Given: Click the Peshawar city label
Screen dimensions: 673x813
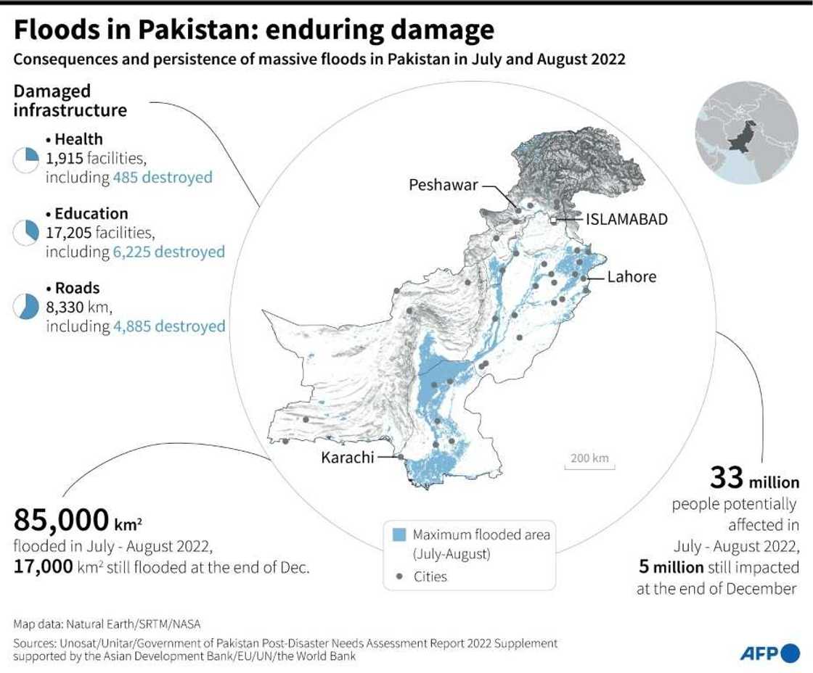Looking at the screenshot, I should [443, 185].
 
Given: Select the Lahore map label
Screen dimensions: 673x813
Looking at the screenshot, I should [632, 276].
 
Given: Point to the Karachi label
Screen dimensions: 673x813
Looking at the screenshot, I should [348, 457].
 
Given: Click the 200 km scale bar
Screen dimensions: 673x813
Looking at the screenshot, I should [589, 460].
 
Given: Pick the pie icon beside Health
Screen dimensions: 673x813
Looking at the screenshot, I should [25, 160].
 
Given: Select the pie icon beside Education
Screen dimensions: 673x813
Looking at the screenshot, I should [25, 233].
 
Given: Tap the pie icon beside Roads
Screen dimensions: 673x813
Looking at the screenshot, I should [25, 307].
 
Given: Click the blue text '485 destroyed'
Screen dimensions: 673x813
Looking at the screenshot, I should [163, 177].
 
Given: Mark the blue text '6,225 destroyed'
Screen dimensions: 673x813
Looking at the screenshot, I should [169, 252].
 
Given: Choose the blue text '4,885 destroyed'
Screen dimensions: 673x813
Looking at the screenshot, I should [169, 326].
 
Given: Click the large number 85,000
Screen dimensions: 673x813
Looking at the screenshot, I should [61, 521].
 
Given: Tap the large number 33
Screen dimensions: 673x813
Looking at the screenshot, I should [726, 478].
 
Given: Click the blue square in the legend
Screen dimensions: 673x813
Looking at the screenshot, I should [399, 535].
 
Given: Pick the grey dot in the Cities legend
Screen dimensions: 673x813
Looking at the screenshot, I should [399, 577].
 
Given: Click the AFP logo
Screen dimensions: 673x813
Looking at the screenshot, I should [769, 653].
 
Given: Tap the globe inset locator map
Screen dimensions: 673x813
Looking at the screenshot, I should [746, 134].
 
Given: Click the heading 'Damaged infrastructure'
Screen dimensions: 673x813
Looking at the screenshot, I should [70, 101].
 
